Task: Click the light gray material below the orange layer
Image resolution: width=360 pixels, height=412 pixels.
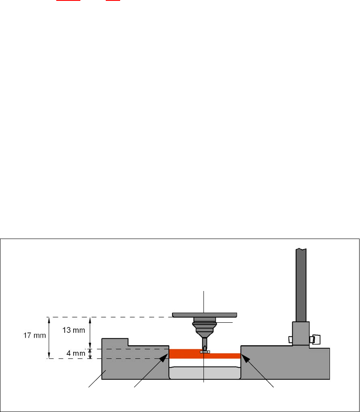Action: (204, 373)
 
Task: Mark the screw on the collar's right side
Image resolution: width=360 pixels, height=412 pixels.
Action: (315, 339)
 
